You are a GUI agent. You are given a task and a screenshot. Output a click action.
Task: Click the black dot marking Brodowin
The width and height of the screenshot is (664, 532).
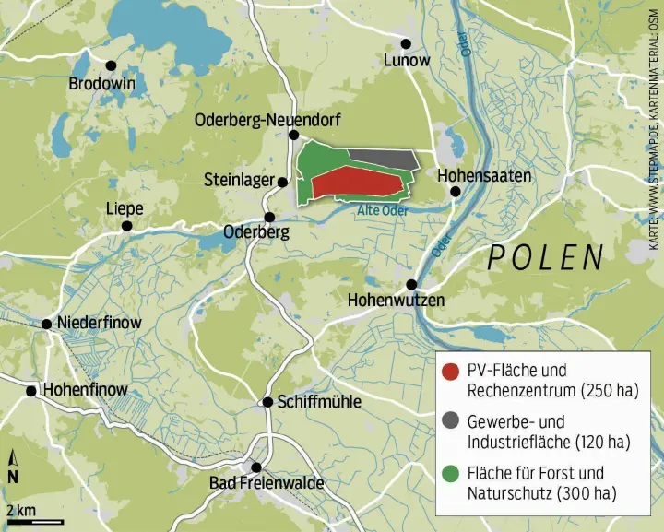click(x=111, y=65)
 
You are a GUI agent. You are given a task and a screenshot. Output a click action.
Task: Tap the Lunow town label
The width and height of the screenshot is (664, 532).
click(x=407, y=61)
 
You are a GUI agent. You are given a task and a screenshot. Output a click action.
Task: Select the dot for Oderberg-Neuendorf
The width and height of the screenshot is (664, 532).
click(x=292, y=135)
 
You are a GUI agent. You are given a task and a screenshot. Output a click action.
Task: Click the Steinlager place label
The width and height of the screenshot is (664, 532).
click(x=239, y=179)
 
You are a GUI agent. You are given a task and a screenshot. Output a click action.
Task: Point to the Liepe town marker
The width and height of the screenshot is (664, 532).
click(x=127, y=225)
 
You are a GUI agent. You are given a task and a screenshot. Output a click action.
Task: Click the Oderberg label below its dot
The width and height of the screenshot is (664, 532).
click(x=256, y=232)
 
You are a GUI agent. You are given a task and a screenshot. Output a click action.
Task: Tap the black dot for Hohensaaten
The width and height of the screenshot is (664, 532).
click(x=455, y=191)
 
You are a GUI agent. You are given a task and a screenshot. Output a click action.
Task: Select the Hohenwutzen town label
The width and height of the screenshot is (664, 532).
click(x=397, y=300)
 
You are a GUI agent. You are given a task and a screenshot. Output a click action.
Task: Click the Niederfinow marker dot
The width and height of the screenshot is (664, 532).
click(x=46, y=324)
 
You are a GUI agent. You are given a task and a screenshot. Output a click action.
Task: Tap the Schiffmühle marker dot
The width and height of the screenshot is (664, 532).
click(x=268, y=402)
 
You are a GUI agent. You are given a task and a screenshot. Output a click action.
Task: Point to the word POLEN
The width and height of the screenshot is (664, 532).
click(x=545, y=257)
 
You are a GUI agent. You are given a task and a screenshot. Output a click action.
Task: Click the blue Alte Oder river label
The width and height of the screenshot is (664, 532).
click(x=381, y=210)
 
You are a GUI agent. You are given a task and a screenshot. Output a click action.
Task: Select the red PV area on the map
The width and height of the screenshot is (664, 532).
click(x=355, y=183)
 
